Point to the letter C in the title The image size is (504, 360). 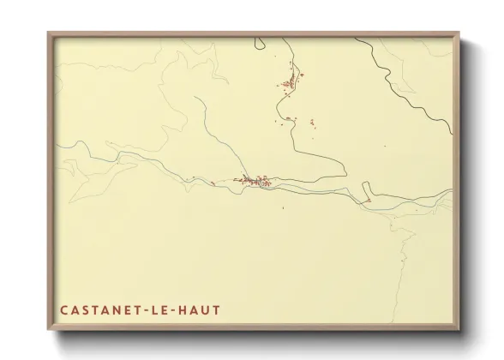(x=63, y=309)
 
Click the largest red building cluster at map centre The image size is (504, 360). (x=255, y=181)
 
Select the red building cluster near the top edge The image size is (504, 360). (x=290, y=82)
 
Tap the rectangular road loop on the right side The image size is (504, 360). (x=366, y=192)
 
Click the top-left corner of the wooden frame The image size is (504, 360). (x=49, y=33)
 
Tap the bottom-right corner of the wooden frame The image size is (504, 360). (x=459, y=330)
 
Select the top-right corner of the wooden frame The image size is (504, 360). (x=459, y=33)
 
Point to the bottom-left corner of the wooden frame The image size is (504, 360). (x=49, y=330)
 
